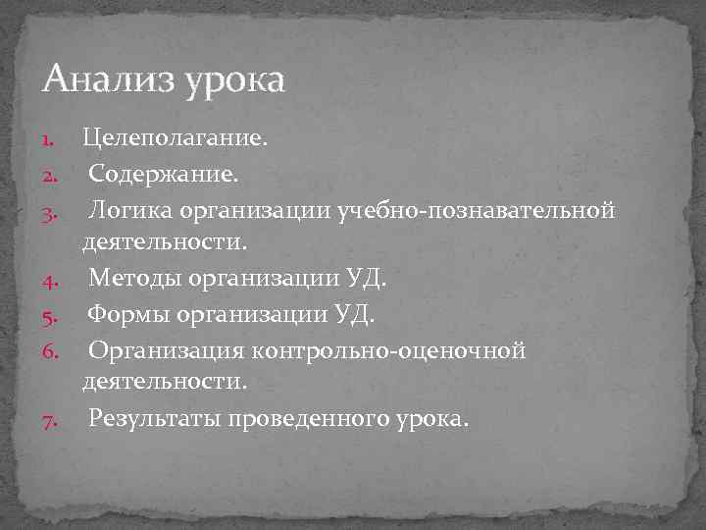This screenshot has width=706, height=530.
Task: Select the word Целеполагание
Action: (174, 139)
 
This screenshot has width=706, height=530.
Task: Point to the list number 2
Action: (53, 176)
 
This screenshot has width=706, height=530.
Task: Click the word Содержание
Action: (162, 175)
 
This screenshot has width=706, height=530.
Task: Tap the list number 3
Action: (53, 212)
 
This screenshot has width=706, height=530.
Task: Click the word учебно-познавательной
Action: (476, 210)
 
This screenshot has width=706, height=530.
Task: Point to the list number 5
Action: (53, 317)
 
